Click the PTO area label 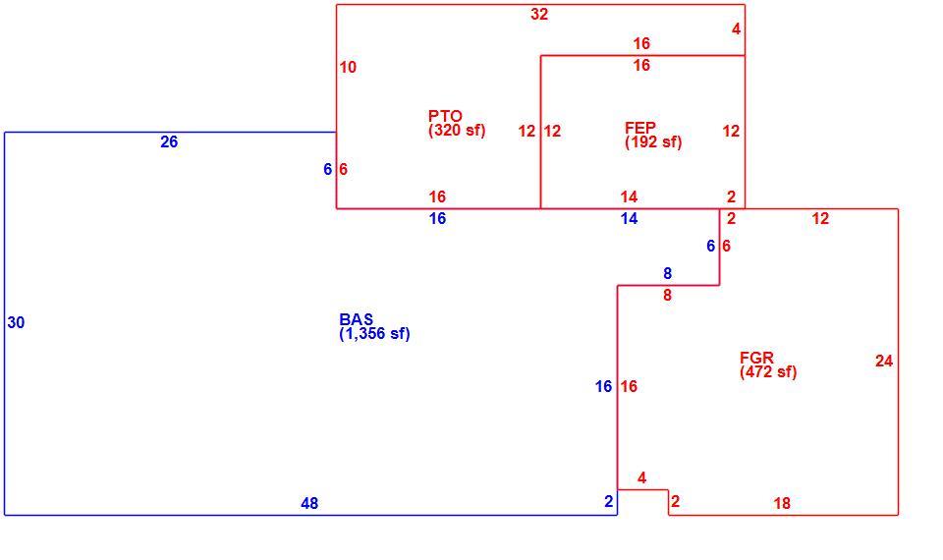click(x=445, y=116)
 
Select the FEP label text click(x=639, y=128)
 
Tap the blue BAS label click(x=356, y=319)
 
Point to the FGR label click(x=756, y=358)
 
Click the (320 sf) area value click(x=457, y=130)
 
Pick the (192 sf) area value click(x=654, y=141)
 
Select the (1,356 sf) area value click(x=374, y=333)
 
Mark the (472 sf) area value click(x=768, y=371)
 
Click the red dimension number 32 click(x=539, y=15)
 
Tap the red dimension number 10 click(x=348, y=68)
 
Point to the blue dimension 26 click(x=169, y=141)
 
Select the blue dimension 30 click(x=17, y=323)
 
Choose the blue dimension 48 click(x=309, y=503)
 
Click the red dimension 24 click(x=884, y=361)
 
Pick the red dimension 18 click(x=783, y=503)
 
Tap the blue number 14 click(x=629, y=219)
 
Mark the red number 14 click(x=629, y=196)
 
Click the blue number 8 click(x=668, y=274)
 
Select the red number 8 click(x=668, y=296)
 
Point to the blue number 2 click(x=609, y=501)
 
